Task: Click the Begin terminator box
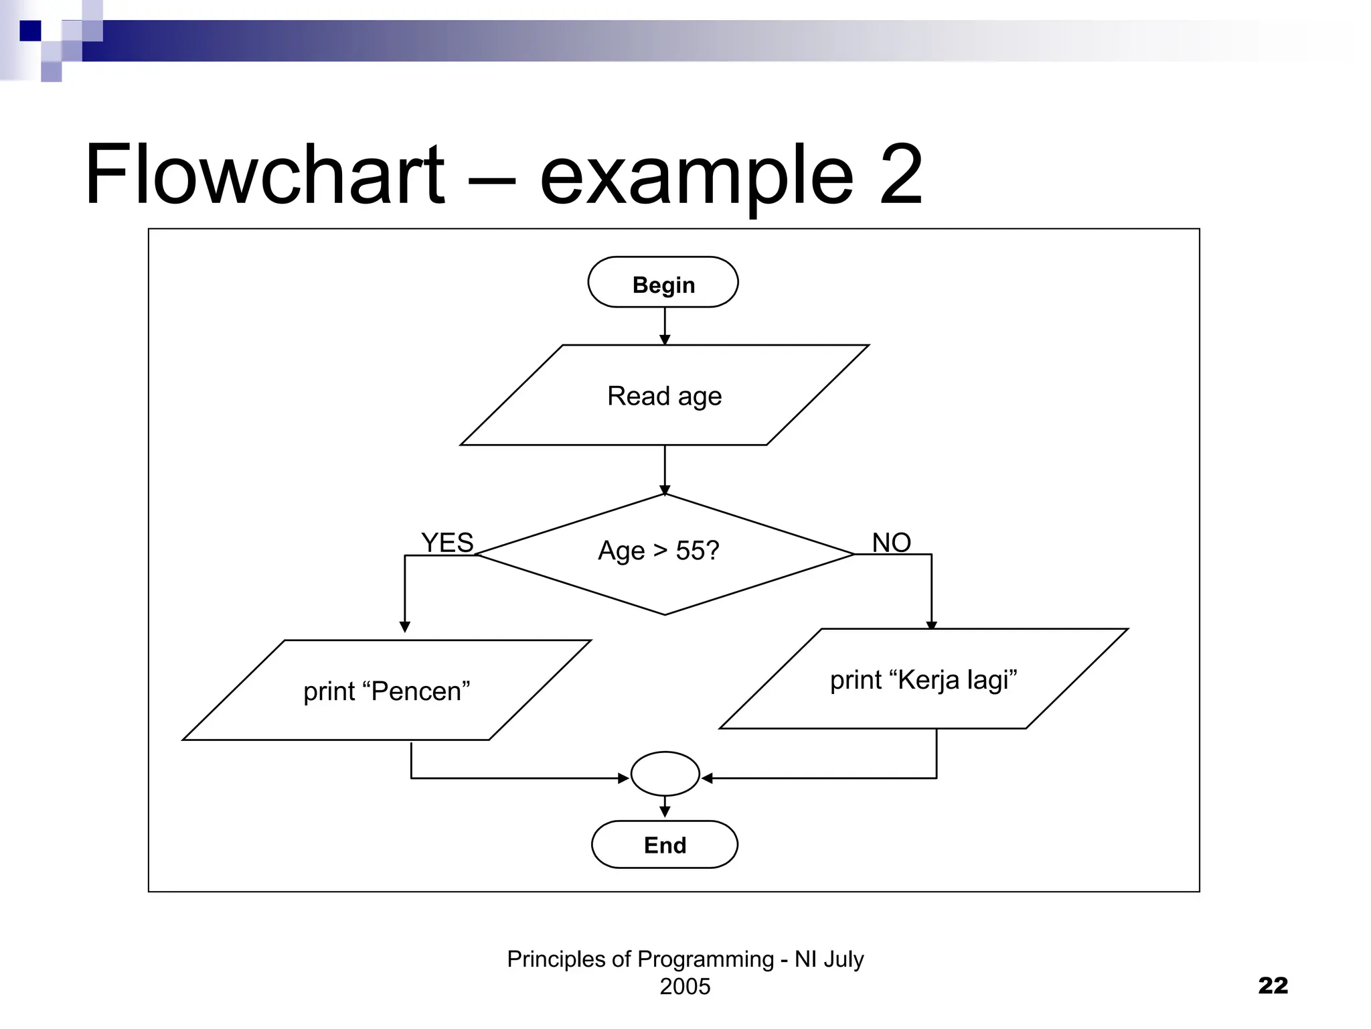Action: point(663,283)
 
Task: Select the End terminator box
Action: point(665,845)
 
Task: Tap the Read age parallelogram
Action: point(665,395)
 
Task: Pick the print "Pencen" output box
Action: point(387,691)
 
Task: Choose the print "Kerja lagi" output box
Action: point(924,679)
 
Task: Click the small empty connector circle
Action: point(665,774)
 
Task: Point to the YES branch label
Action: point(447,543)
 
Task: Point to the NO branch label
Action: point(891,543)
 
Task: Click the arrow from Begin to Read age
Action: point(665,326)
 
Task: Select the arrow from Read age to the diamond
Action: point(665,470)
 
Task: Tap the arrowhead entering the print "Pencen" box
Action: point(405,627)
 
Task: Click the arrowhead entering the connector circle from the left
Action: point(623,778)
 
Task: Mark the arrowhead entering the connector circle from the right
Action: point(707,778)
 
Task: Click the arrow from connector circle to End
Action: point(665,807)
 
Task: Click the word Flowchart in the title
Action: point(264,176)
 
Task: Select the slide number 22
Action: point(1273,985)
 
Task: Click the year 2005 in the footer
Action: point(685,987)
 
